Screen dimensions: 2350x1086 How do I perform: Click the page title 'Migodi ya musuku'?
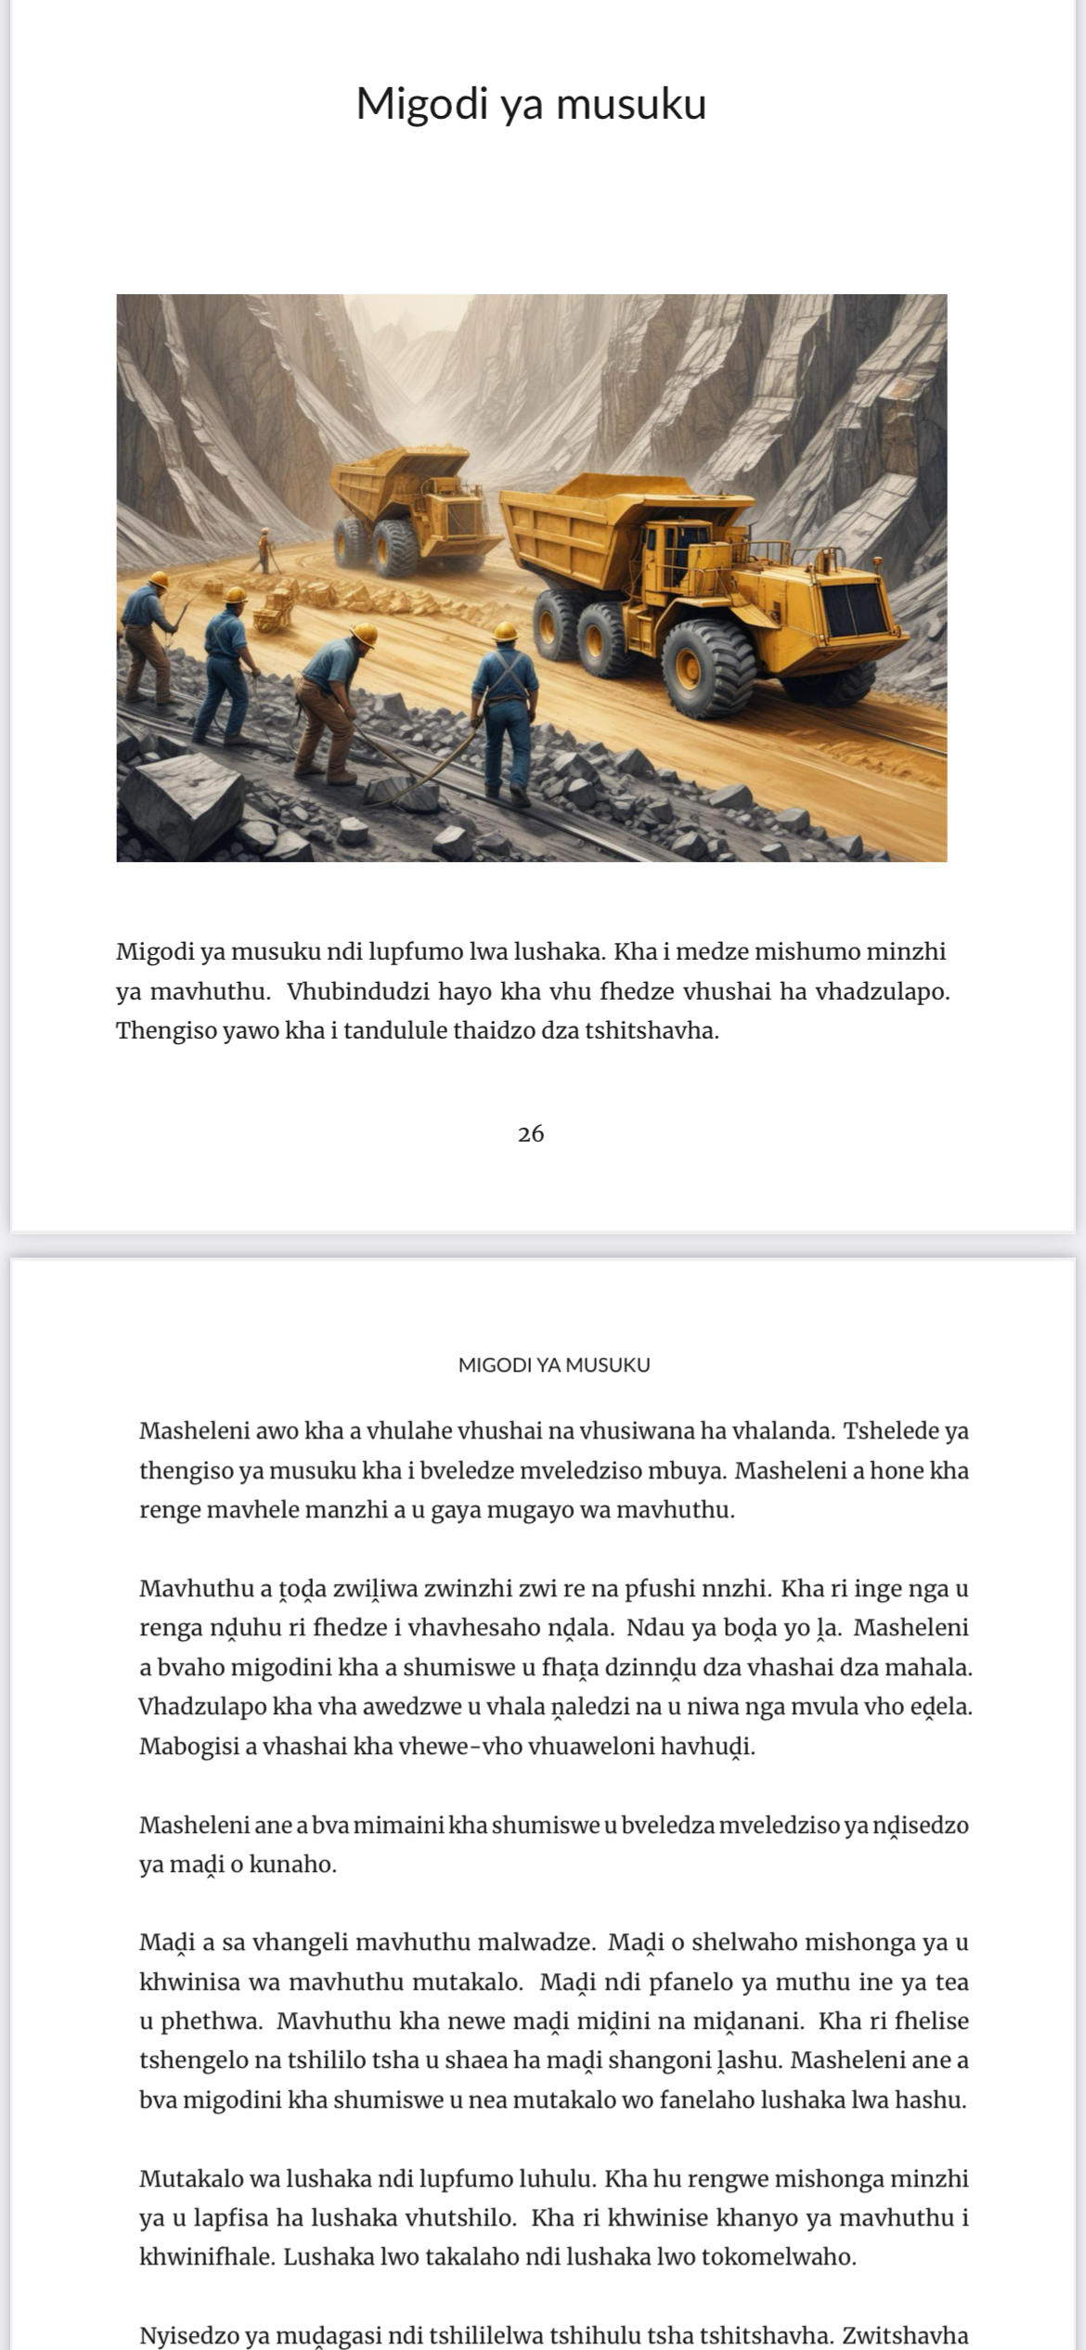(x=531, y=104)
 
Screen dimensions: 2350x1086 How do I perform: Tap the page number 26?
(x=531, y=1133)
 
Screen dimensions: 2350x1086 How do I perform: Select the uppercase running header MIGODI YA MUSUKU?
(x=554, y=1364)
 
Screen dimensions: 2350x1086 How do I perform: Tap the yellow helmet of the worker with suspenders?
(x=505, y=631)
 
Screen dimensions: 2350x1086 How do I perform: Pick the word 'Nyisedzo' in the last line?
(x=188, y=2335)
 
